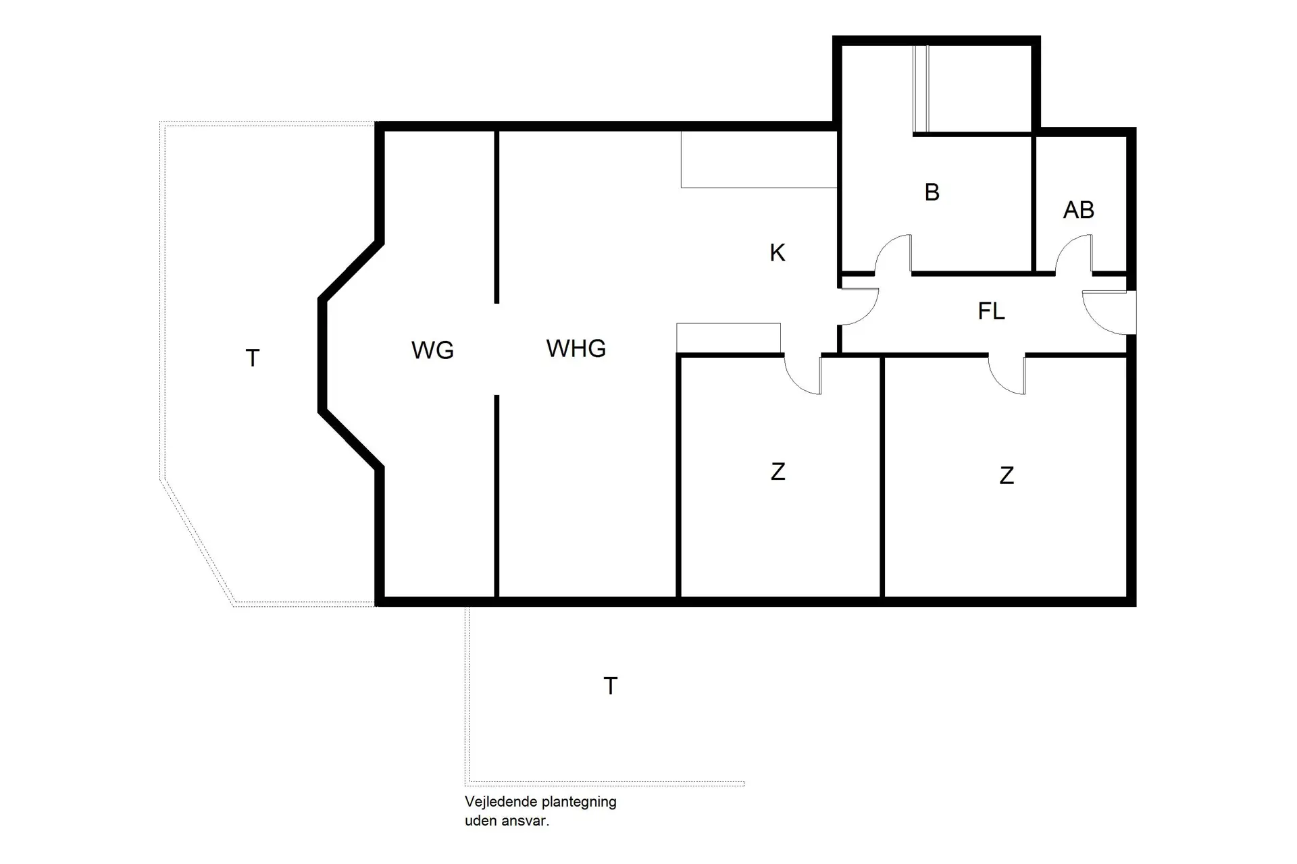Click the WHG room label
(x=576, y=348)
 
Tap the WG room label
(x=432, y=350)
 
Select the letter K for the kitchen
(x=778, y=253)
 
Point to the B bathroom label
(x=932, y=192)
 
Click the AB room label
(x=1078, y=210)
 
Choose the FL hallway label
(x=991, y=311)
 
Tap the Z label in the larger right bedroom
(x=1007, y=476)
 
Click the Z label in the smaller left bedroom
(x=778, y=472)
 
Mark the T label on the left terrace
(x=253, y=358)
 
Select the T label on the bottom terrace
(x=610, y=686)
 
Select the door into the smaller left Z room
(x=803, y=375)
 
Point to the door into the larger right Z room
(x=1007, y=375)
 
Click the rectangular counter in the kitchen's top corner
(x=759, y=159)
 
